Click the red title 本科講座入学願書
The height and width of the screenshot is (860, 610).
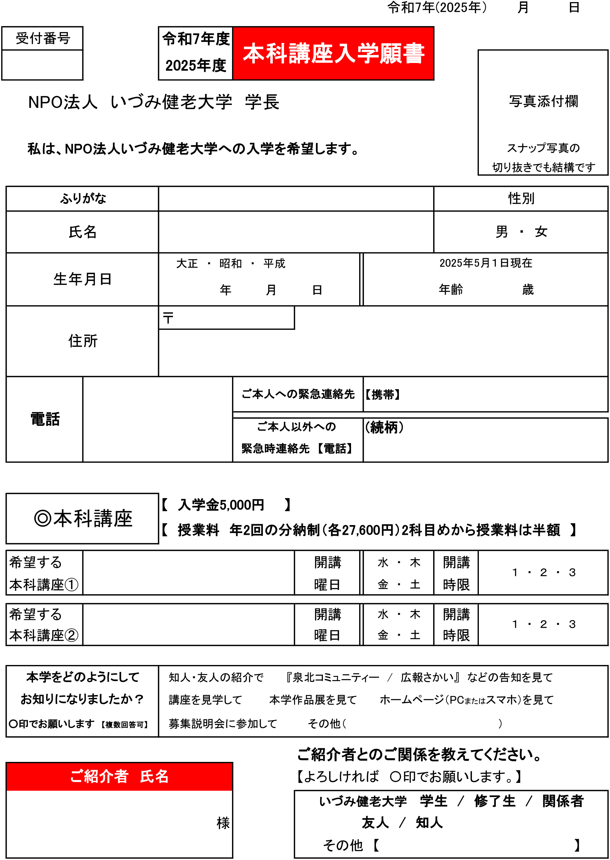coord(333,53)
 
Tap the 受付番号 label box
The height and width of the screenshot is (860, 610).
coord(42,38)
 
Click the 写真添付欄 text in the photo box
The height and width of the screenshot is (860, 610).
coord(543,101)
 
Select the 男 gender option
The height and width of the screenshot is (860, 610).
coord(502,232)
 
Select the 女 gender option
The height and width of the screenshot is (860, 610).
coord(541,232)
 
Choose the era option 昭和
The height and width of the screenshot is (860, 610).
coord(230,264)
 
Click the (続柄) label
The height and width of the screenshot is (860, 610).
coord(384,427)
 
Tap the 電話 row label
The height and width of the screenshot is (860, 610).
coord(45,419)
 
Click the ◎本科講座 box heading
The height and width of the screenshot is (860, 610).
coord(83,519)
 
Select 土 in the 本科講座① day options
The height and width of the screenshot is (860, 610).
coord(415,584)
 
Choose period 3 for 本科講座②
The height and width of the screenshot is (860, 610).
coord(572,624)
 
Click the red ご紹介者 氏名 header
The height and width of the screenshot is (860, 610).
coord(119,776)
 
